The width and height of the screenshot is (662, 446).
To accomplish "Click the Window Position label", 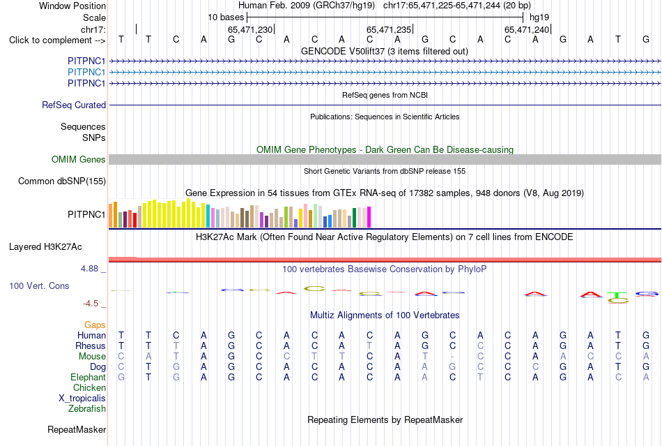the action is click(72, 6).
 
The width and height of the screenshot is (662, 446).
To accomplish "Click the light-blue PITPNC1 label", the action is click(86, 73).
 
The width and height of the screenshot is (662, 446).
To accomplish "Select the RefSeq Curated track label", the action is click(74, 105).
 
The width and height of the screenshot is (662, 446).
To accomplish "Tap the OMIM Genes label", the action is click(79, 159).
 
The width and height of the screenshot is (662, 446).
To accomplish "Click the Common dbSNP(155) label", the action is click(62, 181).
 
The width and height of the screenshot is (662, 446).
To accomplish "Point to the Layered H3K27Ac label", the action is click(45, 247).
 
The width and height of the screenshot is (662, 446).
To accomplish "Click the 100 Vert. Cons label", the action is click(39, 285).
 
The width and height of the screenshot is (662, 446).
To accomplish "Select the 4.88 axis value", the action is click(89, 269).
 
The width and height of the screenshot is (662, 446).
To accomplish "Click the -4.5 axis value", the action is click(91, 304).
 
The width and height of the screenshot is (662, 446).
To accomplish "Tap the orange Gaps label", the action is click(95, 325).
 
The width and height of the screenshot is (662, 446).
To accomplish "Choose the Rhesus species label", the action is click(91, 345).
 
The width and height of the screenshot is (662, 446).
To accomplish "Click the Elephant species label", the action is click(88, 377).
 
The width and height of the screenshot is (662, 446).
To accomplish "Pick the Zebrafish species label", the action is click(87, 409).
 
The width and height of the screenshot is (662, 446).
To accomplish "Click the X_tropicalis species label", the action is click(82, 399).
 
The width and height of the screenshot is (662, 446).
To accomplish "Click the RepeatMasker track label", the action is click(77, 429).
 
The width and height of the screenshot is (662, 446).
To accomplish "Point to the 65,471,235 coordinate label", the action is click(388, 29).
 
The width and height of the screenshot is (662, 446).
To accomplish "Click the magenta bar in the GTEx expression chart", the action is click(369, 217).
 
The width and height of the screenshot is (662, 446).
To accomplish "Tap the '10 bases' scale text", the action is click(226, 17).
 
